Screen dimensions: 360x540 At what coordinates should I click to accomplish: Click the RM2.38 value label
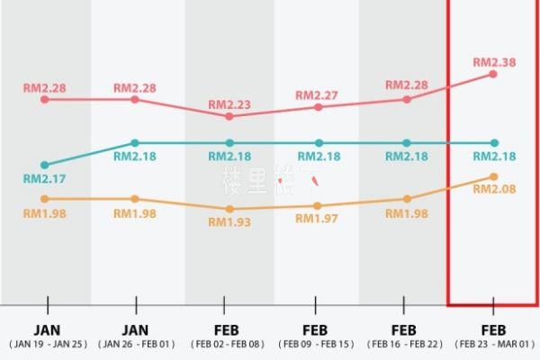493,62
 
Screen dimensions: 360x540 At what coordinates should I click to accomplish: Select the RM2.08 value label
494,189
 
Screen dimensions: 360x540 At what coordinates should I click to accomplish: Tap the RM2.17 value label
44,178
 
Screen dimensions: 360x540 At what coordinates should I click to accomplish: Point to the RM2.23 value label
229,103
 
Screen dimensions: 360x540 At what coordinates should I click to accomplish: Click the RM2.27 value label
317,94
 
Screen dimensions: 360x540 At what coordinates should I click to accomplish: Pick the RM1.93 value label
229,220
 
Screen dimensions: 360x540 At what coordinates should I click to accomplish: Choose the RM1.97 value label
317,219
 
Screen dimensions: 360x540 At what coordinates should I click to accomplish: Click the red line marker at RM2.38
493,74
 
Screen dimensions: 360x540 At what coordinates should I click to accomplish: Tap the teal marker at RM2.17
44,165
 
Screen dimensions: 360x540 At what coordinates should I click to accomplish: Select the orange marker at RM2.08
493,176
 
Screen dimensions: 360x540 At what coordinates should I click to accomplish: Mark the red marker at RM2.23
229,116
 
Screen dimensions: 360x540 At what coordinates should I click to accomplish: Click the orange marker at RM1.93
229,209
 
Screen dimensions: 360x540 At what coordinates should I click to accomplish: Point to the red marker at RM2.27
317,107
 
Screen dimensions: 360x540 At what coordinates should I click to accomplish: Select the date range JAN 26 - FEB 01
135,344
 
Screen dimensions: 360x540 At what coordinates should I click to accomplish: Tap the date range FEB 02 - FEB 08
227,344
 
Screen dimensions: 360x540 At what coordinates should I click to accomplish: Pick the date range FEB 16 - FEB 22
404,344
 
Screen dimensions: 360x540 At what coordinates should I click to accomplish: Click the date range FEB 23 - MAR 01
494,344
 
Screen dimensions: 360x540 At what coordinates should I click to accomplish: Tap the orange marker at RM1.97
317,206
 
